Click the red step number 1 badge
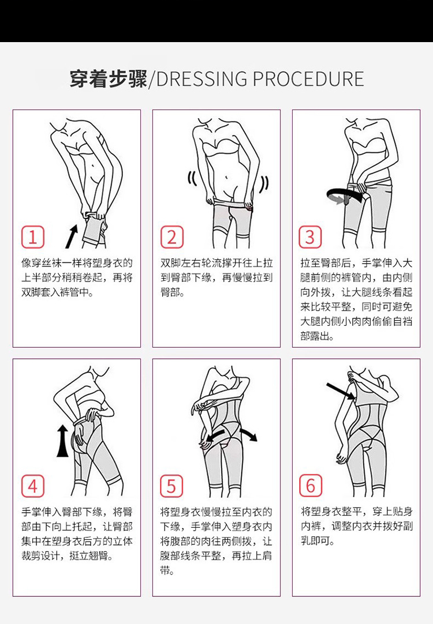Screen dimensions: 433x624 [33, 237]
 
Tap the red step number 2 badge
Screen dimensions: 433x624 [171, 237]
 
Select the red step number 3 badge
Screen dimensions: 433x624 [310, 237]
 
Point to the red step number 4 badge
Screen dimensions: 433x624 [33, 486]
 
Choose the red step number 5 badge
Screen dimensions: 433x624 [171, 486]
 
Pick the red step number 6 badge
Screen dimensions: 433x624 [310, 486]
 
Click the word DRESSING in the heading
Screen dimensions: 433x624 [202, 79]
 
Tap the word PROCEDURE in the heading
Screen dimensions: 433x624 [308, 79]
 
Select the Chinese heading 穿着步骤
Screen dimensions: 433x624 [109, 78]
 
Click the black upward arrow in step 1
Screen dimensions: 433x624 [72, 236]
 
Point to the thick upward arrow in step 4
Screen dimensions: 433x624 [62, 441]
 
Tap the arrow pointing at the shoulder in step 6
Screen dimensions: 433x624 [341, 391]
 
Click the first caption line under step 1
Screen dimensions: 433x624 [77, 263]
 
